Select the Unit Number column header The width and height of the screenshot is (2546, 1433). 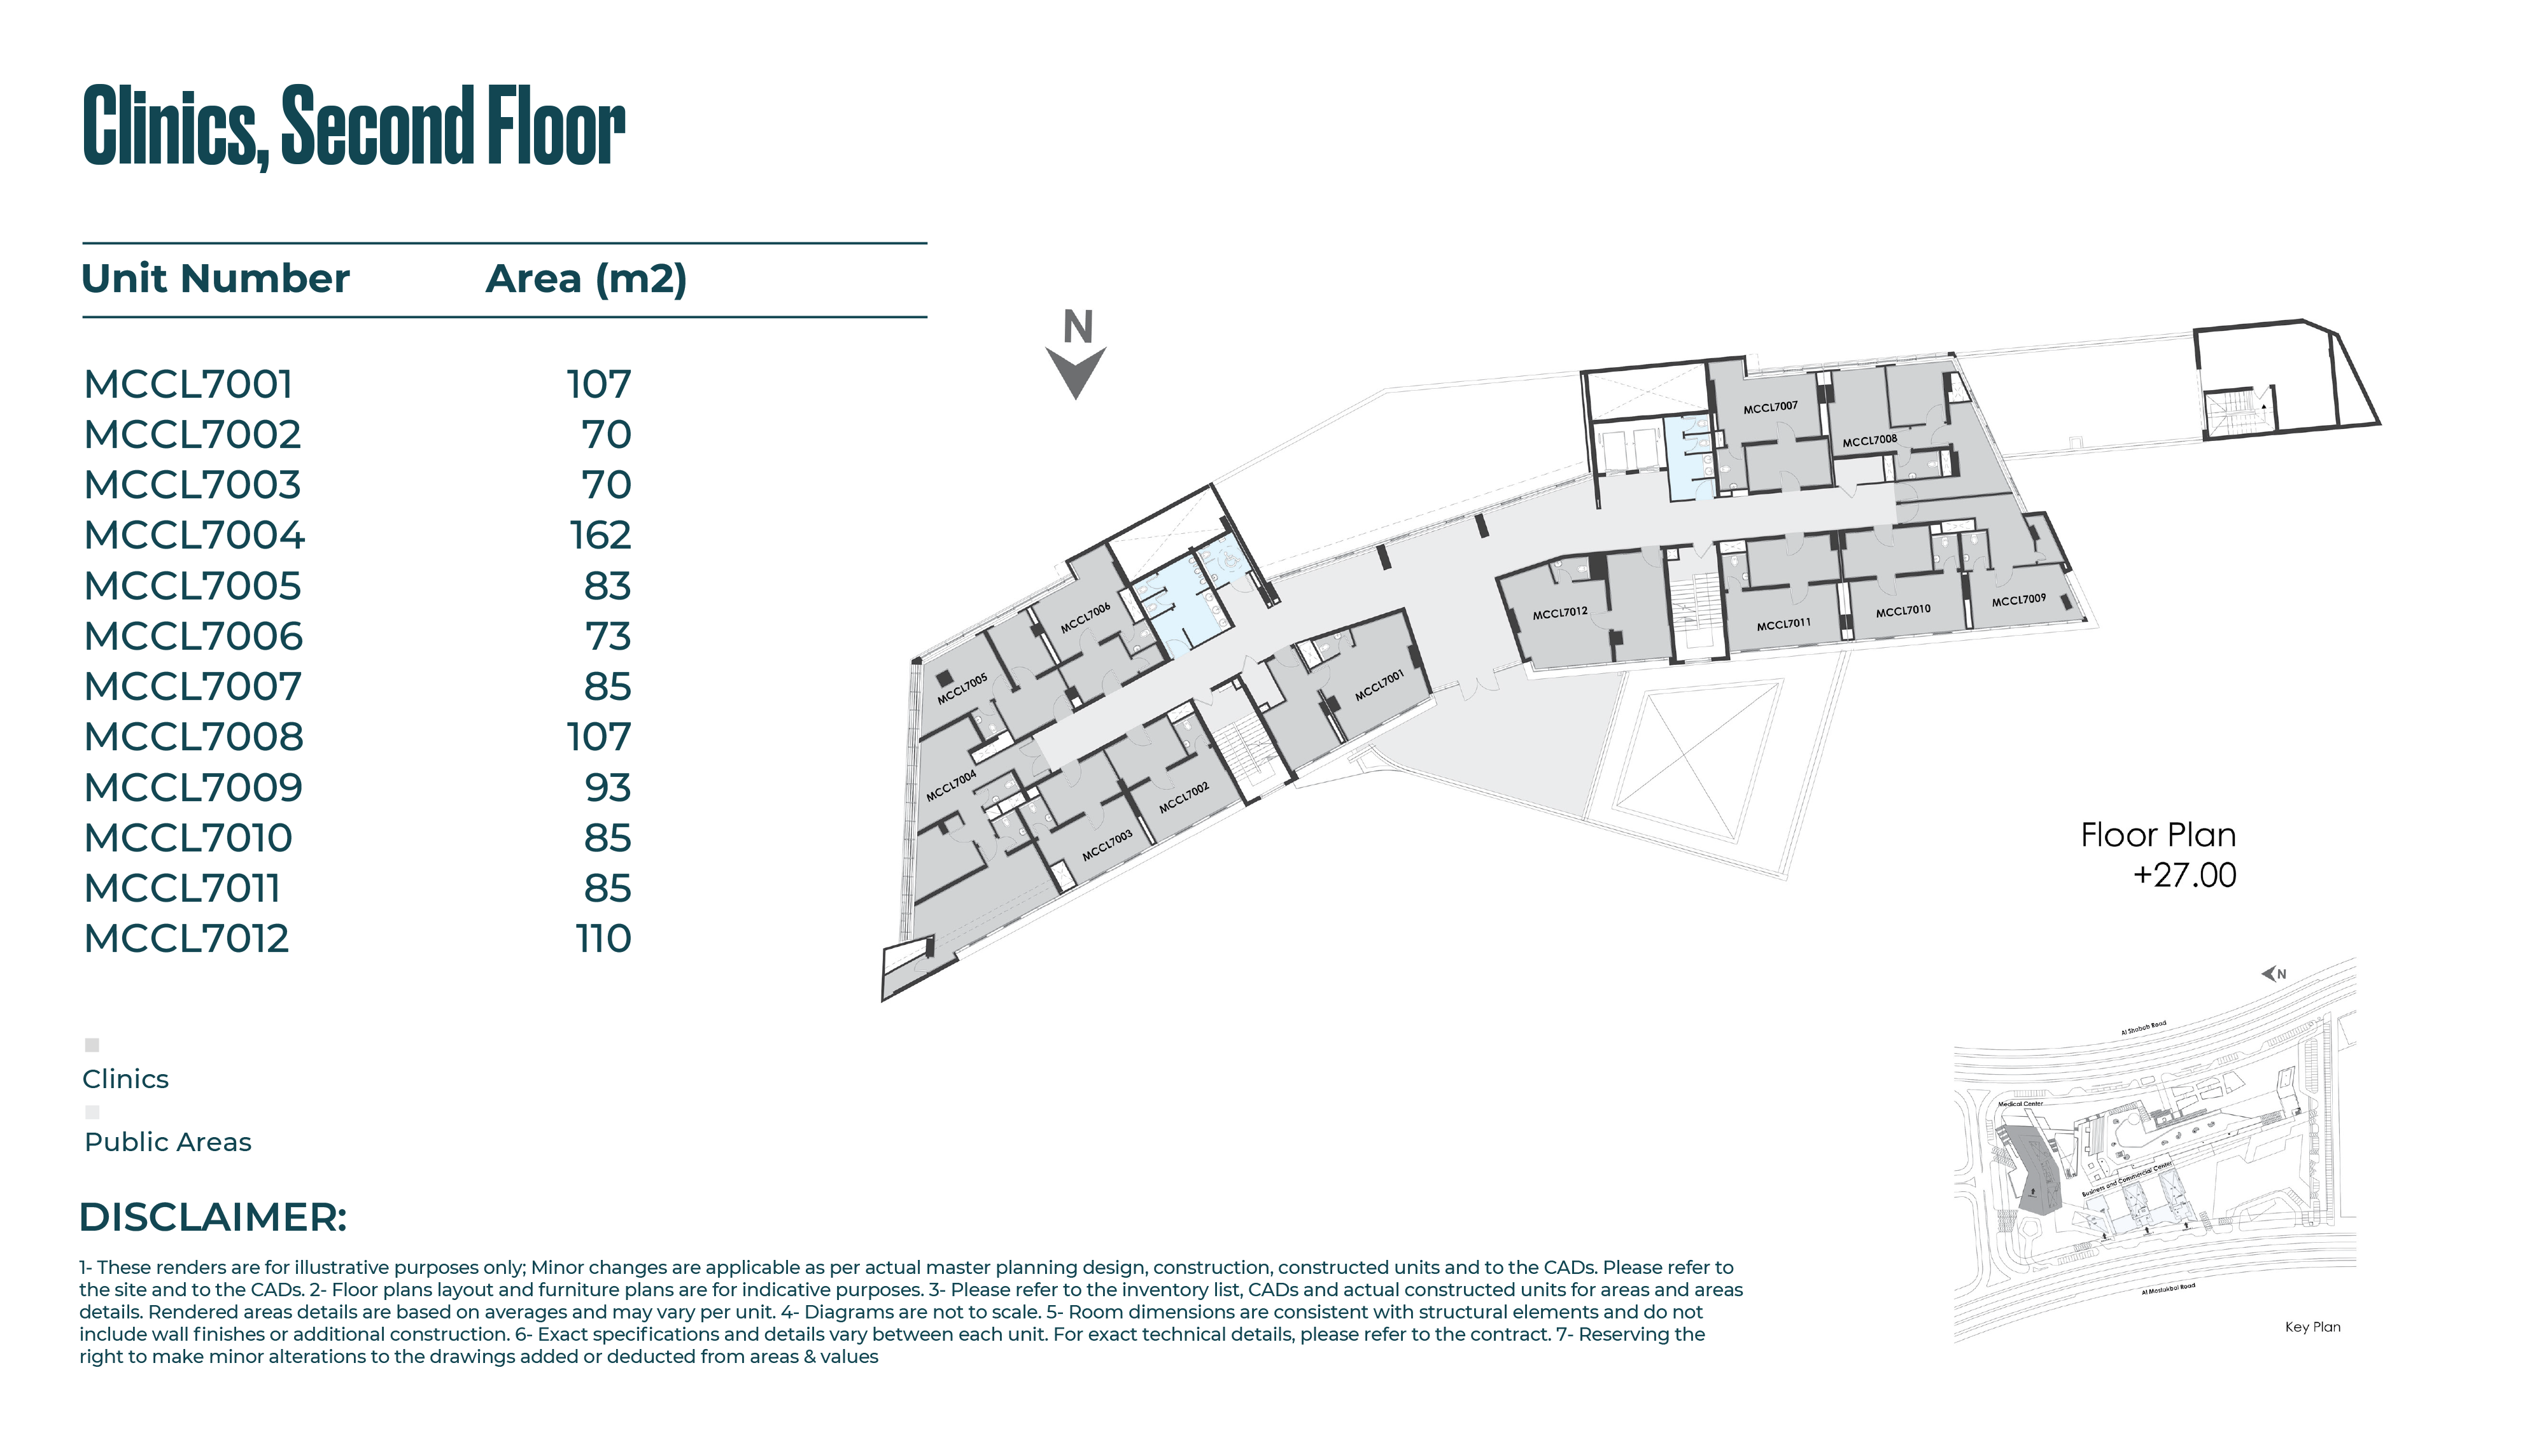tap(216, 279)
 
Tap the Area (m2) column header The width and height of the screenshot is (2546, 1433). tap(586, 279)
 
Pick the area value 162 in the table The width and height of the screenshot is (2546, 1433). tap(600, 536)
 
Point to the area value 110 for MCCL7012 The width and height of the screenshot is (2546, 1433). tap(603, 939)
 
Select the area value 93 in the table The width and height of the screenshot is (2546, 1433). tap(607, 788)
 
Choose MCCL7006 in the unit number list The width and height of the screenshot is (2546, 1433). tap(193, 636)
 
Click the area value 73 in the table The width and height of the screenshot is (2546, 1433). tap(607, 636)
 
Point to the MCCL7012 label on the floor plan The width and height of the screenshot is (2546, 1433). tap(1559, 613)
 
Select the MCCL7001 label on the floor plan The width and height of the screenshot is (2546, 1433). tap(1379, 685)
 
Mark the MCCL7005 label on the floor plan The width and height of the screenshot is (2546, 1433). tap(962, 689)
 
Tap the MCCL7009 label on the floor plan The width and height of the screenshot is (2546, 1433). tap(2018, 600)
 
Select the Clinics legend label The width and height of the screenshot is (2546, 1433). tap(125, 1079)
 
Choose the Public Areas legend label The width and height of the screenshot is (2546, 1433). tap(168, 1142)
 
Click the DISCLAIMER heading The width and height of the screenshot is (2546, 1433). tap(213, 1217)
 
